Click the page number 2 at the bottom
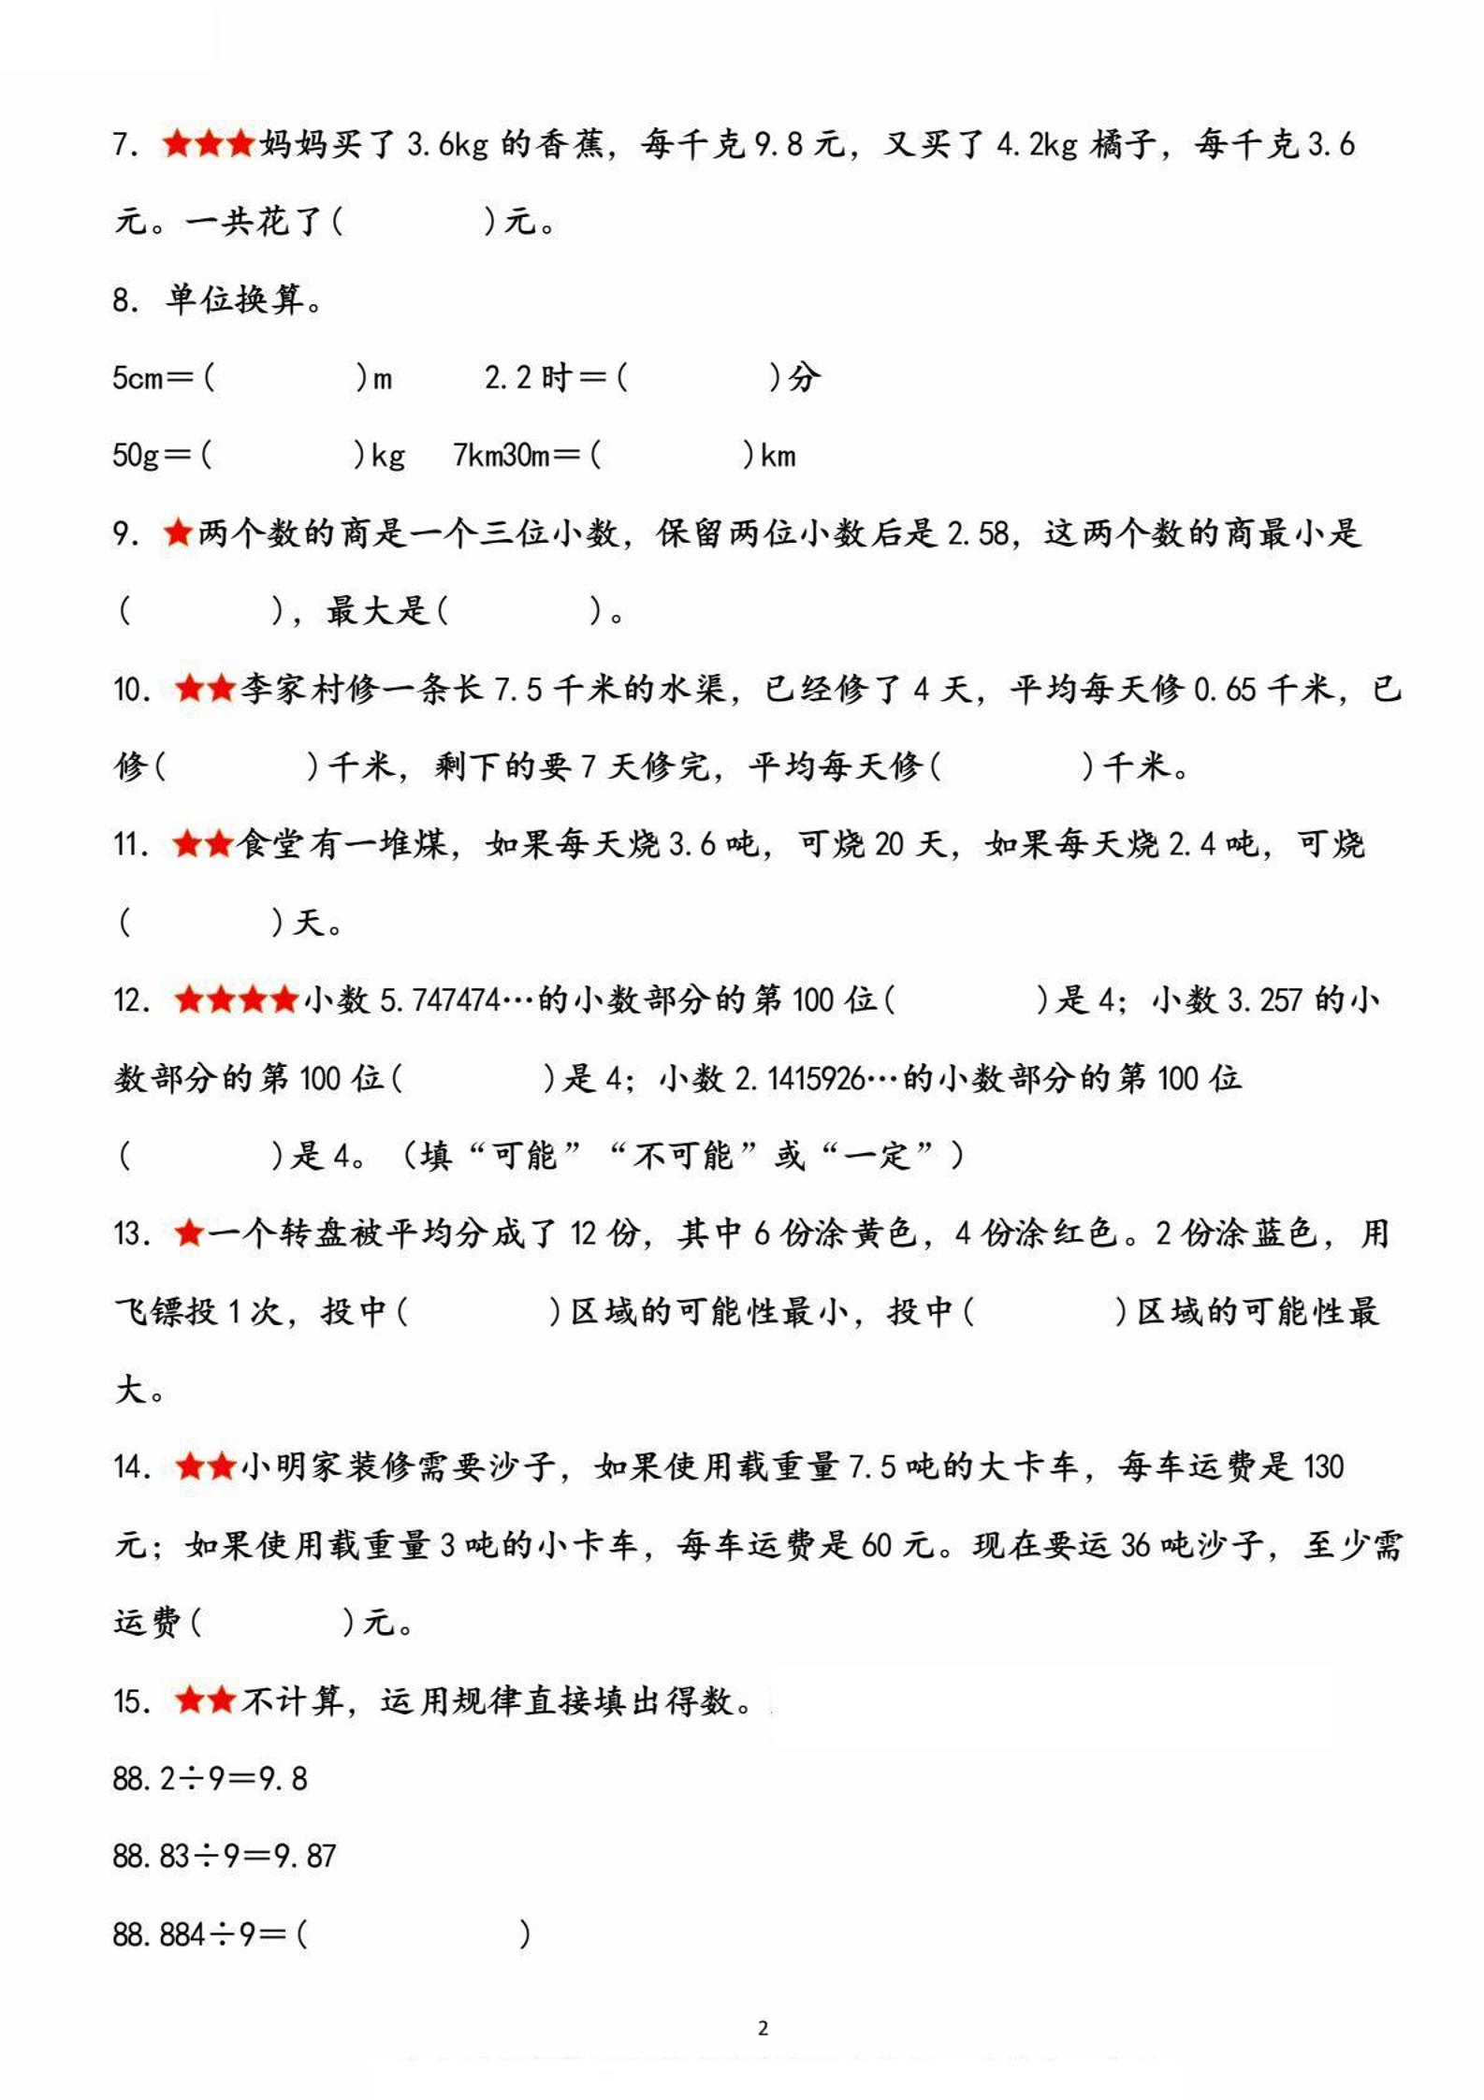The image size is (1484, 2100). point(763,2028)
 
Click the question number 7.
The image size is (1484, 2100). point(125,145)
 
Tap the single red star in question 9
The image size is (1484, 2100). point(177,533)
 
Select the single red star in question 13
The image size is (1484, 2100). point(189,1233)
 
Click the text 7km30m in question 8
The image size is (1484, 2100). point(501,456)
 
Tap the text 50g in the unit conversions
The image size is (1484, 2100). point(137,456)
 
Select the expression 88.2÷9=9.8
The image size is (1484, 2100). point(210,1778)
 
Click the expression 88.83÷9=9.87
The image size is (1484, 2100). point(224,1856)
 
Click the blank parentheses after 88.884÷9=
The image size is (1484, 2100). point(414,1933)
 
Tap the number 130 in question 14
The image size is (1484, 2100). point(1322,1466)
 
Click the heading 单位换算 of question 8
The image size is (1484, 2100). point(236,300)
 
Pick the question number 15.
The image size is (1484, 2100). point(131,1700)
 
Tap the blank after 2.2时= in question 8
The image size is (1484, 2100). point(698,378)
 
